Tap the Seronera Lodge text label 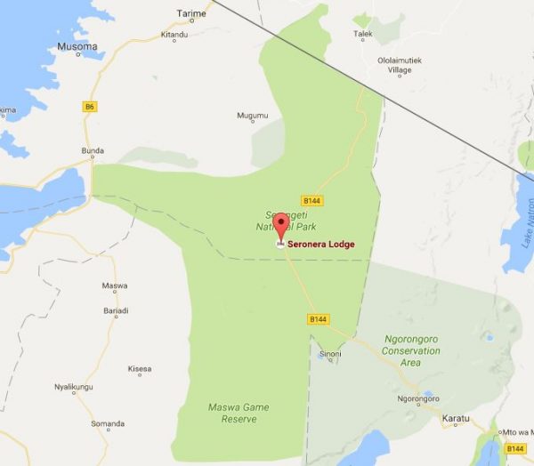point(321,245)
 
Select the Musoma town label point(77,46)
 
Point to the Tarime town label point(190,14)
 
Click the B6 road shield point(89,107)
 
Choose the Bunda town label point(93,151)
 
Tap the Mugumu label point(252,116)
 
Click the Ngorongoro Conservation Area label point(410,350)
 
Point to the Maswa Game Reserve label point(238,413)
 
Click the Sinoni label point(328,354)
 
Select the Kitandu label point(174,35)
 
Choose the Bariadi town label point(116,311)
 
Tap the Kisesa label point(140,369)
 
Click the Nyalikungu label point(73,387)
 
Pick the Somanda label point(108,423)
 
